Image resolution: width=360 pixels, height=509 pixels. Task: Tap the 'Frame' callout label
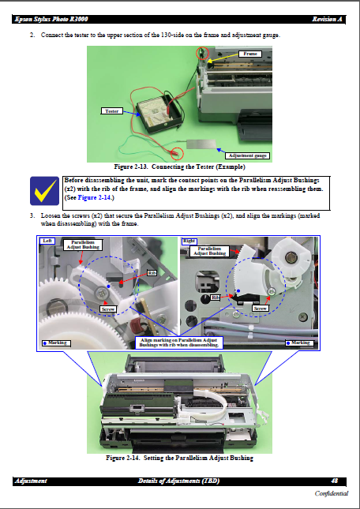pyautogui.click(x=251, y=54)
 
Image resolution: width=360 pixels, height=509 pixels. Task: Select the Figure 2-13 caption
pyautogui.click(x=179, y=167)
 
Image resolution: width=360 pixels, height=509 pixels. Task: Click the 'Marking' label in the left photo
pyautogui.click(x=56, y=342)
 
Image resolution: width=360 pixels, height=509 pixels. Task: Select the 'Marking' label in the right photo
pyautogui.click(x=300, y=342)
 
